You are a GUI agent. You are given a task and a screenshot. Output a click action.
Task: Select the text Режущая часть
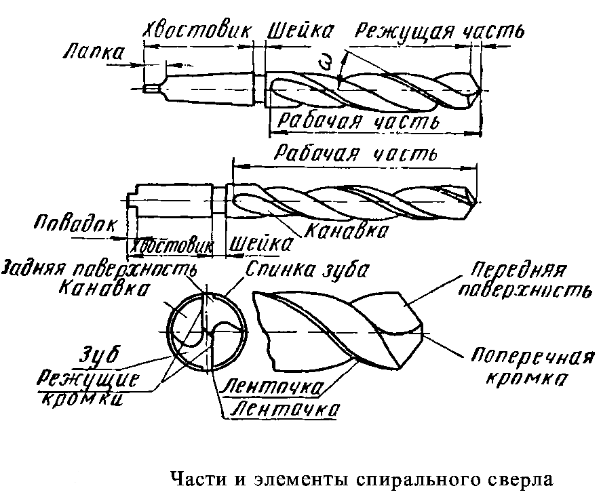pos(440,31)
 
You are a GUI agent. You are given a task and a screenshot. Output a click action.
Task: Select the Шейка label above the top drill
pos(301,31)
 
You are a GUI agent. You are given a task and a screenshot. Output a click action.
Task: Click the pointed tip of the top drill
pos(480,91)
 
